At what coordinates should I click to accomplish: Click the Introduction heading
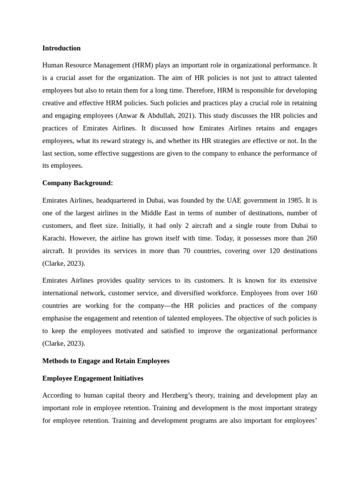pos(61,48)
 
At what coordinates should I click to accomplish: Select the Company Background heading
pos(77,183)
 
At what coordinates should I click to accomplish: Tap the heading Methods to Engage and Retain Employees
pos(106,361)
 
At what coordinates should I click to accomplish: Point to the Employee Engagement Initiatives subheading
pos(93,378)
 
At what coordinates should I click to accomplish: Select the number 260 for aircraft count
pos(310,238)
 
